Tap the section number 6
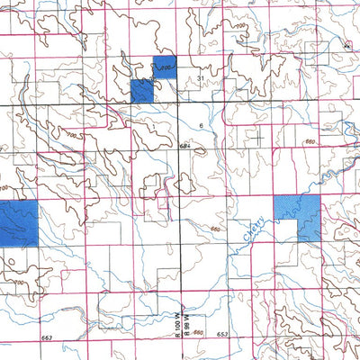[200, 125]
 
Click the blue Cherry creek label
[251, 236]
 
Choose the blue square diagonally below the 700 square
[142, 90]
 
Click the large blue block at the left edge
[18, 222]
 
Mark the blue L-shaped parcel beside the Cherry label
[300, 216]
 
